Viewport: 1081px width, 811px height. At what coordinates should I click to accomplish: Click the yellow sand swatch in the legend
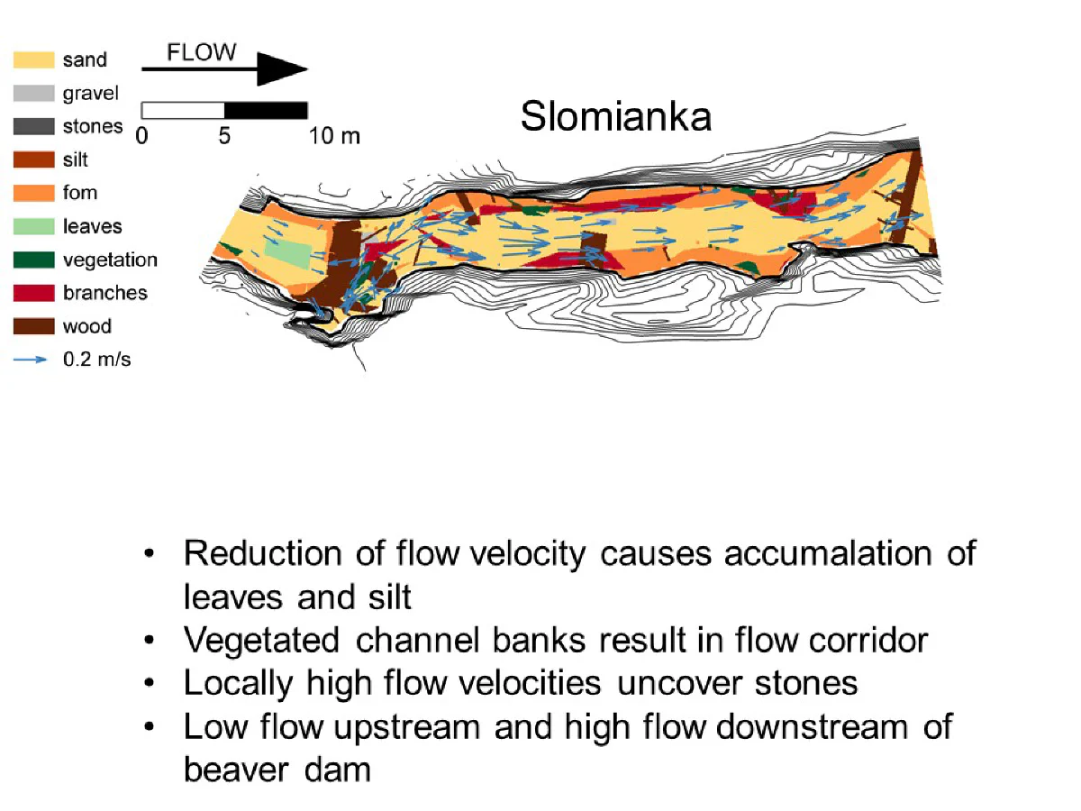[33, 59]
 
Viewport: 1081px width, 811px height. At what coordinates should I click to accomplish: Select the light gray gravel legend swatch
[33, 93]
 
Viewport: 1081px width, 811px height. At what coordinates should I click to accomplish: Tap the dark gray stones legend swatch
[33, 126]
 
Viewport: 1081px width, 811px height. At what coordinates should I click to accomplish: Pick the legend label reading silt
[76, 159]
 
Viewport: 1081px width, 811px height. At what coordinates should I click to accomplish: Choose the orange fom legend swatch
[33, 193]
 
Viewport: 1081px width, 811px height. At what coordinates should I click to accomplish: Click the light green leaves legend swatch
[33, 226]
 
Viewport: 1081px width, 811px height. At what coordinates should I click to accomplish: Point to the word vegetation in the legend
[110, 260]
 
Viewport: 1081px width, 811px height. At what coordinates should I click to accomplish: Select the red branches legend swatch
[33, 293]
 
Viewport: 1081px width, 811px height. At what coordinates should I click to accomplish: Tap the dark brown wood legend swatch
[33, 326]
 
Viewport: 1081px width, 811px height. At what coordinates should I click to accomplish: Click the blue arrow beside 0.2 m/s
[30, 360]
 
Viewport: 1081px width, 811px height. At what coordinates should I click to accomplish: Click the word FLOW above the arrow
[202, 52]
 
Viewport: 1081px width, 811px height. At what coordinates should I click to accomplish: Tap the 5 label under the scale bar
[224, 136]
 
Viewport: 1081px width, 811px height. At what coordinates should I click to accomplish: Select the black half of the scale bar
[266, 110]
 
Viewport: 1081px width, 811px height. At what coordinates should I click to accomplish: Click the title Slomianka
[616, 116]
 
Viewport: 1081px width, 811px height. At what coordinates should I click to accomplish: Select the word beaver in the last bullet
[236, 770]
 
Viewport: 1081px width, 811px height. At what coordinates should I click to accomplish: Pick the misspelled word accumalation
[827, 554]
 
